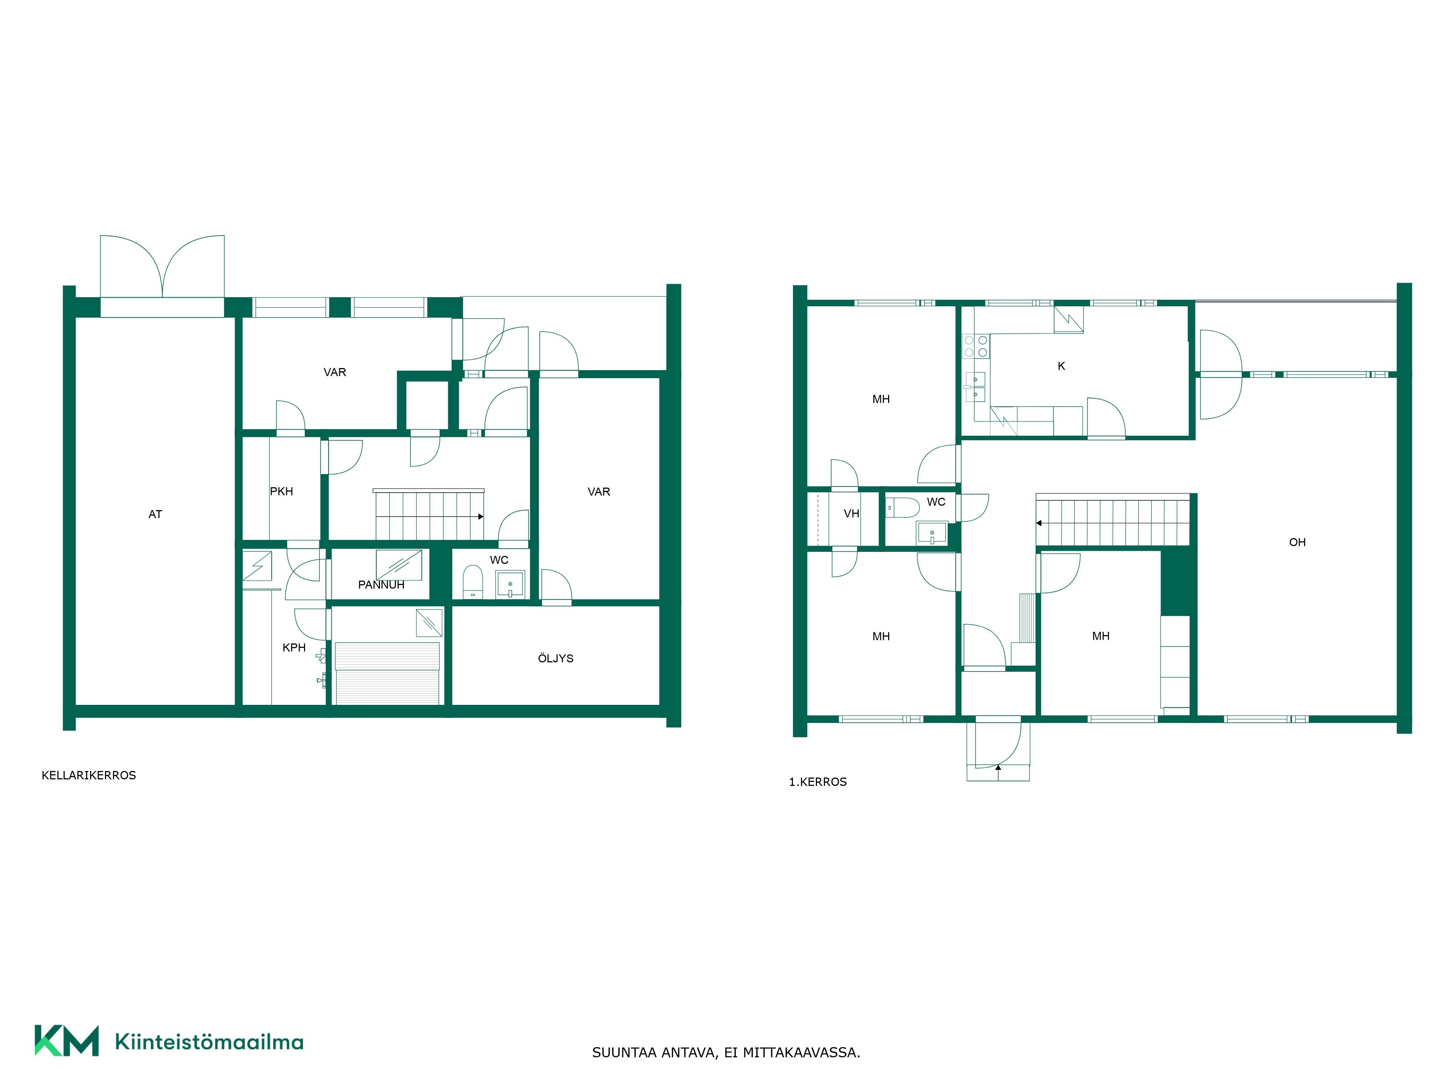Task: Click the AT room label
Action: pos(155,514)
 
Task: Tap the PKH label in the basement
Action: pos(281,492)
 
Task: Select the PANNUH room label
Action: pos(381,585)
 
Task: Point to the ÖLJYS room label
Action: pos(556,658)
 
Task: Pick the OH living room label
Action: pos(1297,542)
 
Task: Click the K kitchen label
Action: pos(1061,366)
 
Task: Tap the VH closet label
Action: pos(851,514)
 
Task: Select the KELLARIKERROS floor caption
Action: pos(89,775)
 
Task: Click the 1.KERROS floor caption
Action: pos(818,782)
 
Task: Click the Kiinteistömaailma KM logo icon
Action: pos(66,1040)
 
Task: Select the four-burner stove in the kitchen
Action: pos(975,346)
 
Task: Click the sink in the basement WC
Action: pos(510,584)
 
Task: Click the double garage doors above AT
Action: pos(162,267)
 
